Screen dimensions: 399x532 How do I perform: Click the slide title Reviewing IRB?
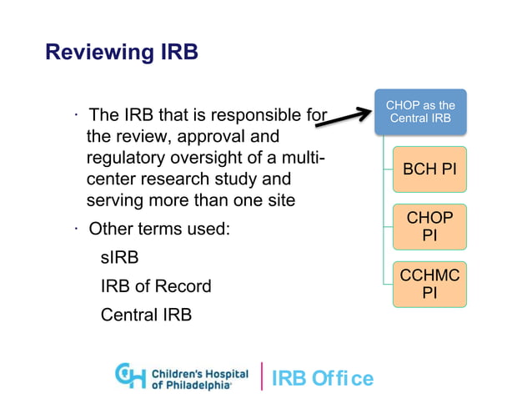pos(121,53)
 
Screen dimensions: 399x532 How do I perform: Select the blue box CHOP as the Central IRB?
pos(420,112)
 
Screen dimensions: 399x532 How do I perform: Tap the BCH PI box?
pos(429,169)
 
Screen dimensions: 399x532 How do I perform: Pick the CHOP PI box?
pos(429,226)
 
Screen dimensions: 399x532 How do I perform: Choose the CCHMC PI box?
pos(429,284)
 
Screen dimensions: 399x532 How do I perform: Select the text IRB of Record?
pos(155,286)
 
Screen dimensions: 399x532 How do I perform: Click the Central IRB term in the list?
pos(146,315)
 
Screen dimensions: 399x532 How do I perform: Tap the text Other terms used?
pos(158,228)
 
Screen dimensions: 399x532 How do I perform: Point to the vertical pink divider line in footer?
pos(263,376)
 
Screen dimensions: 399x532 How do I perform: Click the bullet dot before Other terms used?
pos(75,226)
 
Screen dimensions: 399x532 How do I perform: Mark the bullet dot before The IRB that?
pos(75,114)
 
